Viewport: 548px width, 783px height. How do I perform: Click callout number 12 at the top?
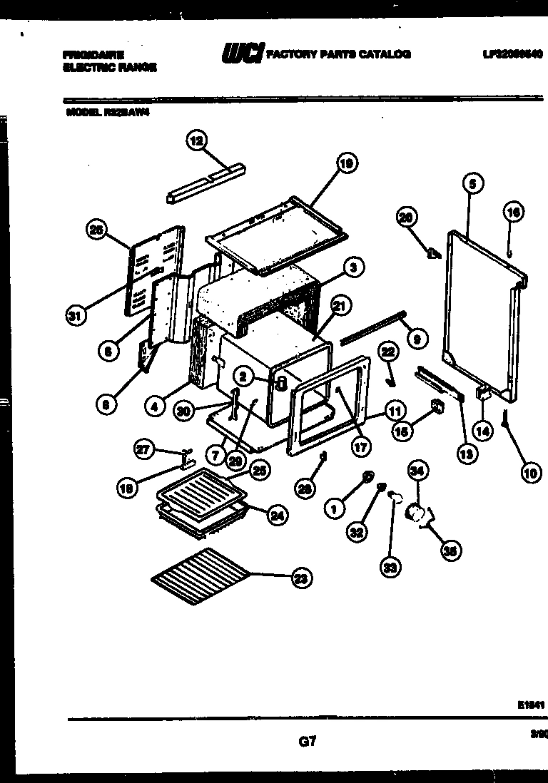tap(196, 140)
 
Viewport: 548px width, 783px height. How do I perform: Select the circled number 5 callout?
tap(472, 183)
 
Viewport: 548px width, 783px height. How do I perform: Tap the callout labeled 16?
tap(513, 211)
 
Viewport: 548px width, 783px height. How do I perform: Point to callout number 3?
tap(351, 267)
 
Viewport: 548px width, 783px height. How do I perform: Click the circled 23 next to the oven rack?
tap(302, 579)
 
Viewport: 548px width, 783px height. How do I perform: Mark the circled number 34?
tap(417, 470)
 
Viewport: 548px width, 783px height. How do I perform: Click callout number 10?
tap(531, 472)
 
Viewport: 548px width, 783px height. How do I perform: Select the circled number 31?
tap(71, 317)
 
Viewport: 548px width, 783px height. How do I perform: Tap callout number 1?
tap(333, 508)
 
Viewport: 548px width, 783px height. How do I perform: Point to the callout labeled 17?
tap(361, 449)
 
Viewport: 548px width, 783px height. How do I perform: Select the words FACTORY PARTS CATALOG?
tap(340, 54)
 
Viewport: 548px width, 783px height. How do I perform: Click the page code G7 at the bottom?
tap(307, 742)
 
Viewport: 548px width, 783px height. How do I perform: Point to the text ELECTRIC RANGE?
tap(109, 67)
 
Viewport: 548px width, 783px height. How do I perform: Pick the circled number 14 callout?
tap(483, 431)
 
